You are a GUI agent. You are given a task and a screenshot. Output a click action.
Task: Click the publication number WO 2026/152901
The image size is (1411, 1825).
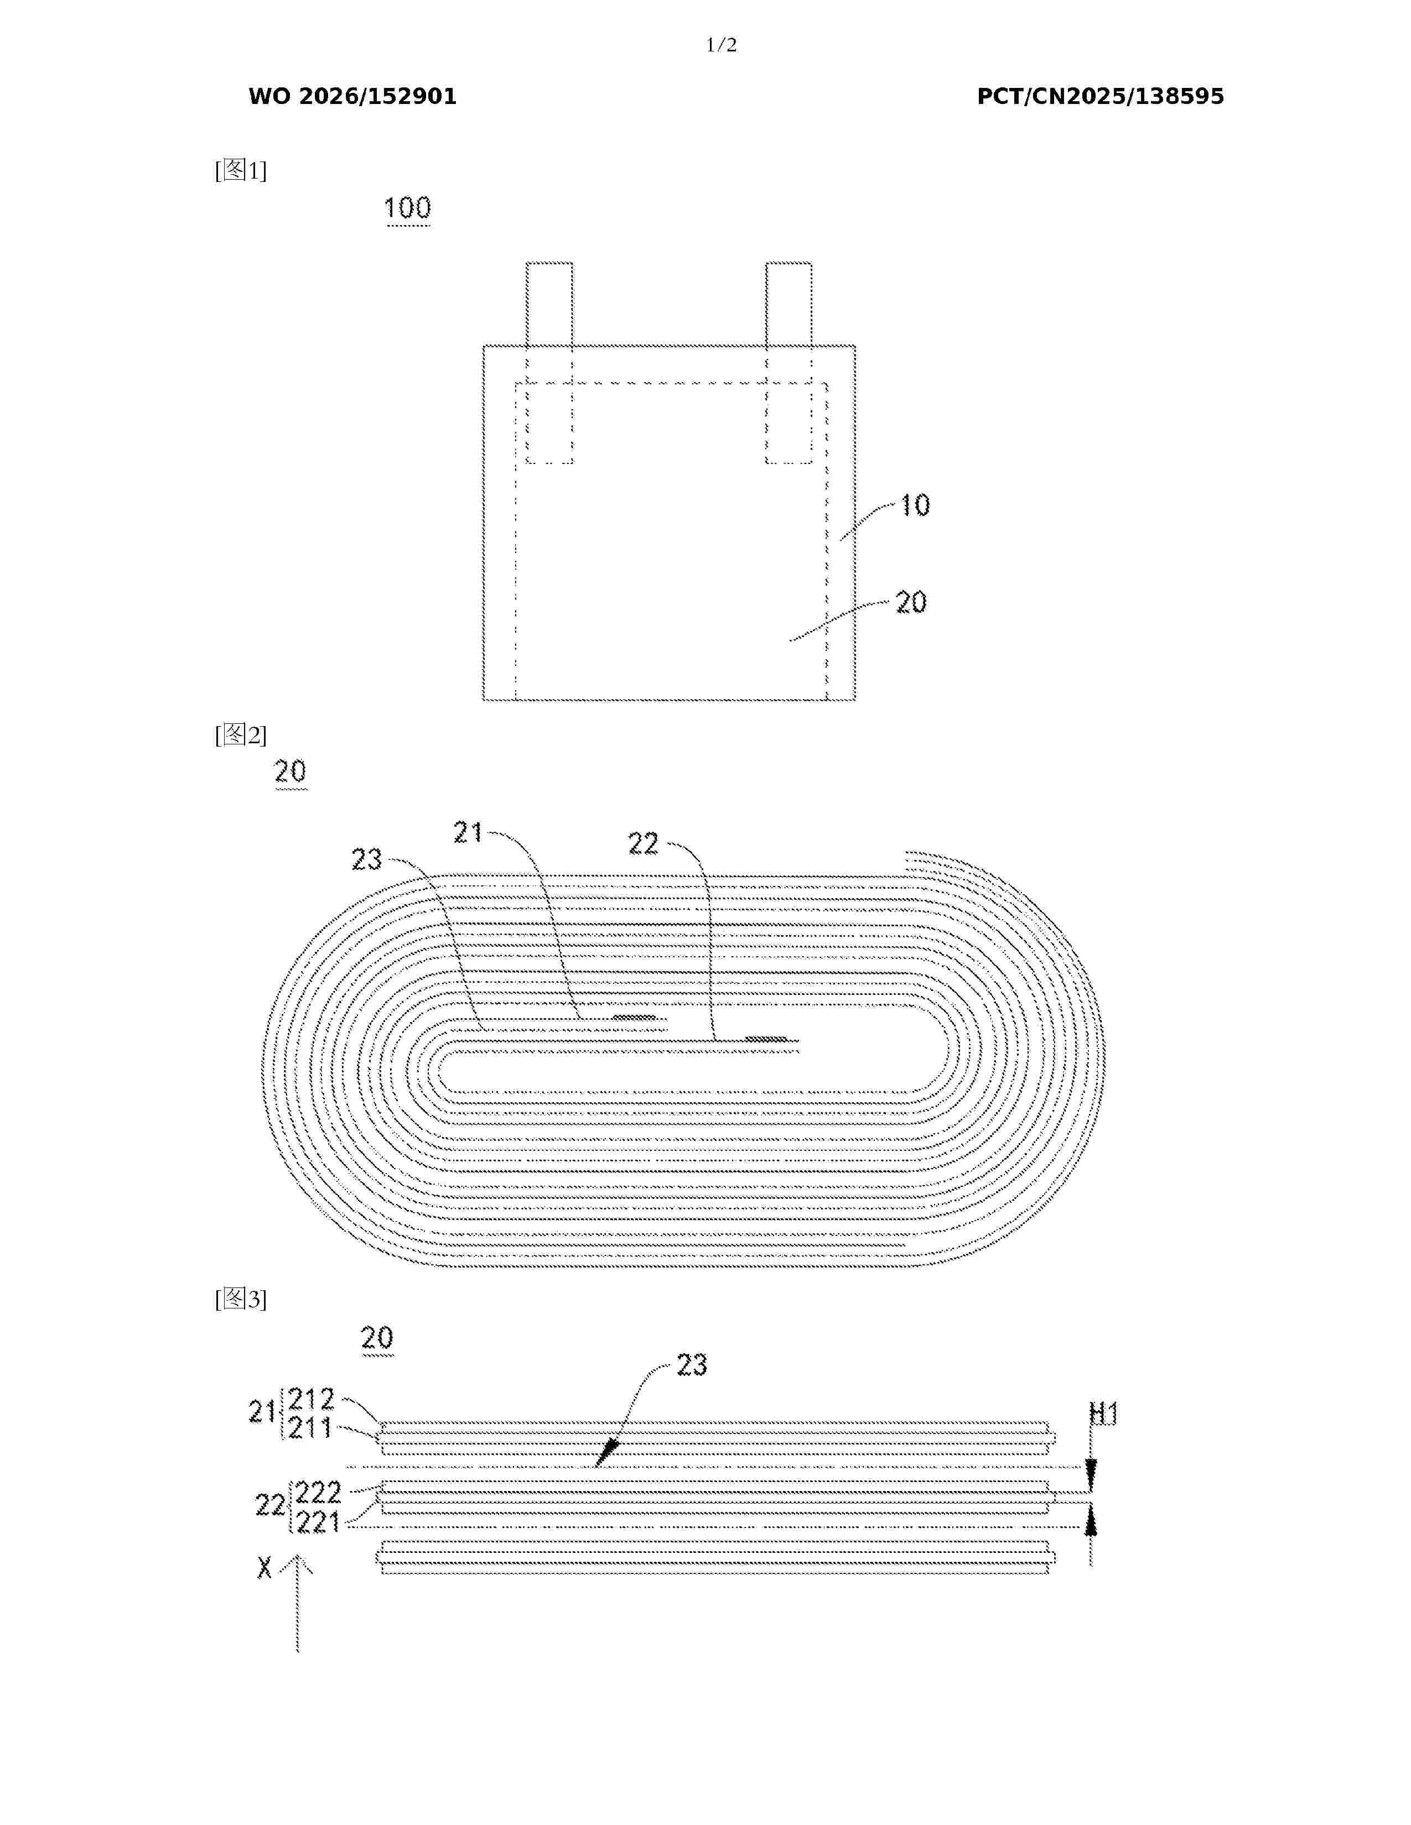(353, 97)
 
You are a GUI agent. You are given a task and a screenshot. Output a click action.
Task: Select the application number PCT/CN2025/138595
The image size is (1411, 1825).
(1100, 97)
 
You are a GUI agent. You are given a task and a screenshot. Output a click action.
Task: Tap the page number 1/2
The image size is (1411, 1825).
(722, 45)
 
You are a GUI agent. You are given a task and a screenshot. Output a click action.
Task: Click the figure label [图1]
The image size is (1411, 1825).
(241, 170)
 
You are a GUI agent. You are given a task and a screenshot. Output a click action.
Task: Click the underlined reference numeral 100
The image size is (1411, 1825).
(407, 208)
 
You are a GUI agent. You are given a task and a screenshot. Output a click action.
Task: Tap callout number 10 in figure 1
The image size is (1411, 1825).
(915, 505)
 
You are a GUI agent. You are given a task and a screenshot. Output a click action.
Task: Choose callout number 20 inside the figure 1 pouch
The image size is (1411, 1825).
(911, 602)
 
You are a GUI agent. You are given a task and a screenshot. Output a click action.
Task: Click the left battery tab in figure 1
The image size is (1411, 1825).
(549, 363)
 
